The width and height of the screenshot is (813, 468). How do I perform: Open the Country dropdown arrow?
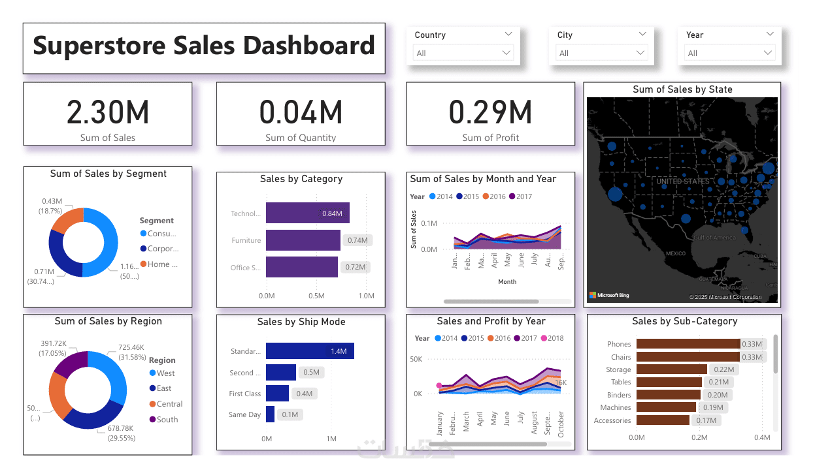[x=506, y=53]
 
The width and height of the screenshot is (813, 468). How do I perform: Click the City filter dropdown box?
[x=601, y=54]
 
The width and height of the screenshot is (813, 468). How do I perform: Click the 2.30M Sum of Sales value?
[x=108, y=112]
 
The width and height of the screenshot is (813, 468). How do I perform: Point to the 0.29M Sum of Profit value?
[x=490, y=112]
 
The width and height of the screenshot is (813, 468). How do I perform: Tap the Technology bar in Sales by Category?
[x=307, y=213]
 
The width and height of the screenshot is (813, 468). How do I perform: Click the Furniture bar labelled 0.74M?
[x=303, y=240]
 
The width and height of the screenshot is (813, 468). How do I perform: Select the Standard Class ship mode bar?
[x=310, y=351]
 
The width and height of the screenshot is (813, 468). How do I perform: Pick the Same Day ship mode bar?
[x=270, y=414]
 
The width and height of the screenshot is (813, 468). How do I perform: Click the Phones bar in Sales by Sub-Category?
[x=688, y=344]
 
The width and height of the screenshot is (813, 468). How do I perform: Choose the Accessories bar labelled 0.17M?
[x=663, y=420]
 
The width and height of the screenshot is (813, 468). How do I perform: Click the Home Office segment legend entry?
[x=158, y=264]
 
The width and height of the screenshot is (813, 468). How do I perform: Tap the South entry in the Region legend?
[x=166, y=420]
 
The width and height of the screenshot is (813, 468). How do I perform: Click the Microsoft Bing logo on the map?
[x=608, y=296]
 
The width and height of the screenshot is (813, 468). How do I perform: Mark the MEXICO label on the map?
[x=675, y=253]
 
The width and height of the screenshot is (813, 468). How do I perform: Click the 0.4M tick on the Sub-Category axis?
[x=762, y=437]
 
